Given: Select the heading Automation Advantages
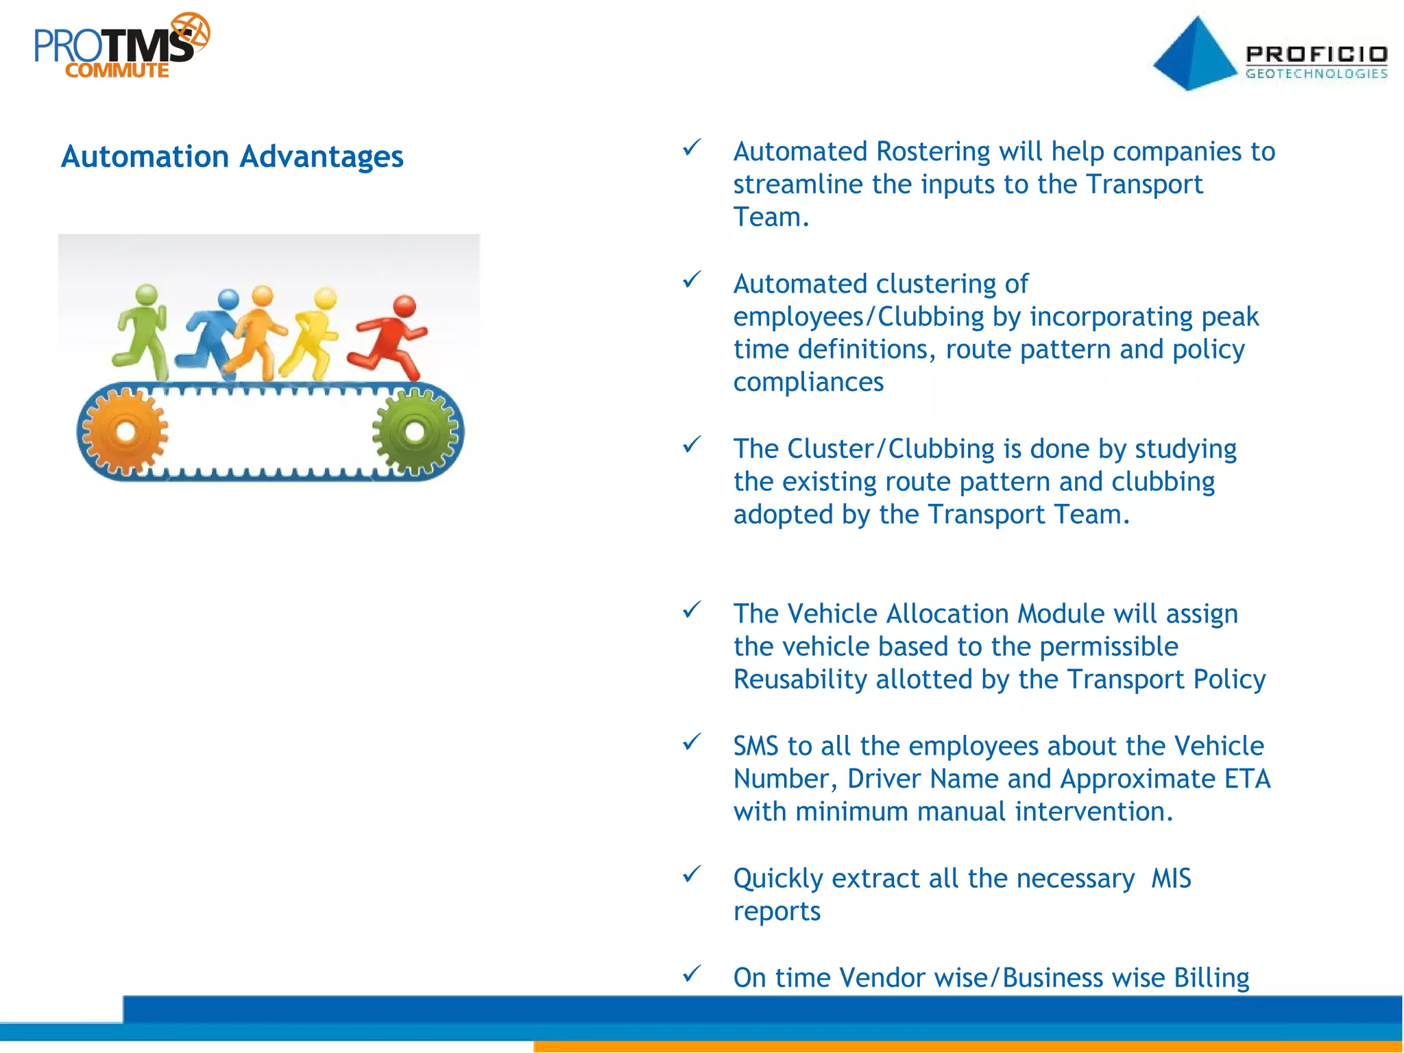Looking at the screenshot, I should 232,156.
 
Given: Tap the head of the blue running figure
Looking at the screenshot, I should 228,300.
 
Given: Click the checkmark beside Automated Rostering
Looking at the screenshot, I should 692,147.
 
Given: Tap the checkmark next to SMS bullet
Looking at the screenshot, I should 692,741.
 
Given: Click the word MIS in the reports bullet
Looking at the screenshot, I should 1171,878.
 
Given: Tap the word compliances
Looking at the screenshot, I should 808,382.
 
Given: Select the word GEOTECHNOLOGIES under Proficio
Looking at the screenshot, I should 1316,73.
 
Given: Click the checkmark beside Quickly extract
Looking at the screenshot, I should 692,873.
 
